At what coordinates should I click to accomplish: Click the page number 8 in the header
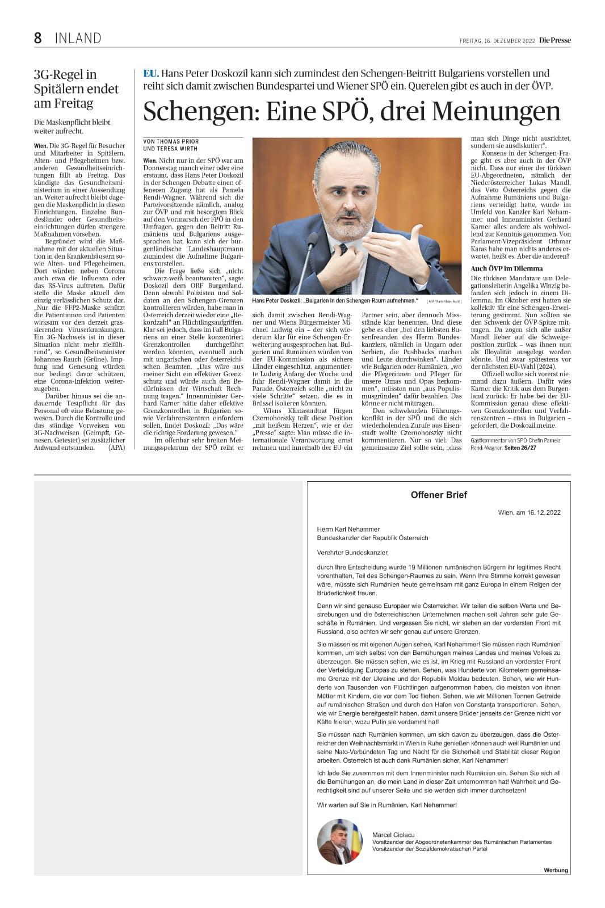click(38, 38)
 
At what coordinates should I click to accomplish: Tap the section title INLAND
click(78, 39)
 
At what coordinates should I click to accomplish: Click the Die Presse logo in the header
click(554, 40)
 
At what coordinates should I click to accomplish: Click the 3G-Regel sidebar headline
click(76, 89)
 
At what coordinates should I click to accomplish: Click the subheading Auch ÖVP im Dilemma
click(507, 268)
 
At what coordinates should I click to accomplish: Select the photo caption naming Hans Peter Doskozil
click(335, 301)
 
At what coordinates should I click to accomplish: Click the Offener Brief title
click(438, 495)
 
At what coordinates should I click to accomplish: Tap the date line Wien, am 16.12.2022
click(529, 512)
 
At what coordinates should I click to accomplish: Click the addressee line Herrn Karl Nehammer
click(348, 529)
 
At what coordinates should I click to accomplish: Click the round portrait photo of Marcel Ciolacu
click(339, 842)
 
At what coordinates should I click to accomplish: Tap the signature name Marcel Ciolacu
click(393, 835)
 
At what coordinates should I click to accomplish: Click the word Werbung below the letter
click(556, 870)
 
